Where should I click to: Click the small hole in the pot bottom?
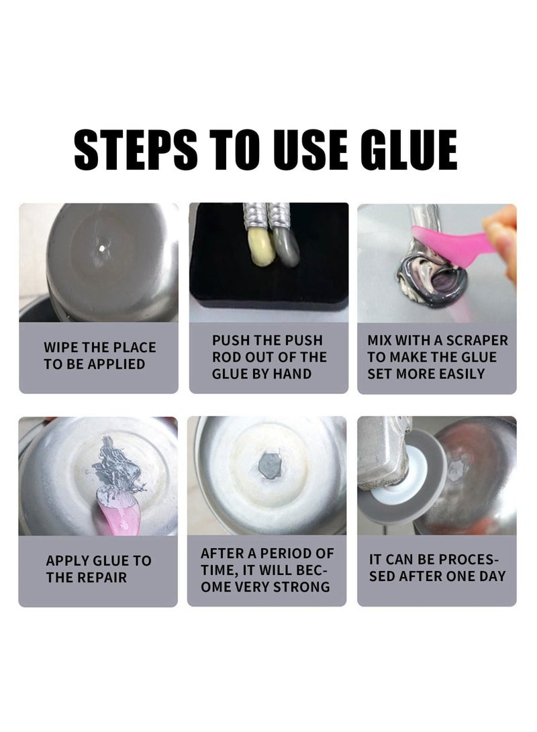pos(102,249)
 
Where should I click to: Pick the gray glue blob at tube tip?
pos(286,246)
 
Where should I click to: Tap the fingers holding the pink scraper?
pos(502,238)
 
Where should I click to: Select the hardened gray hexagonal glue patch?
pos(269,466)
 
